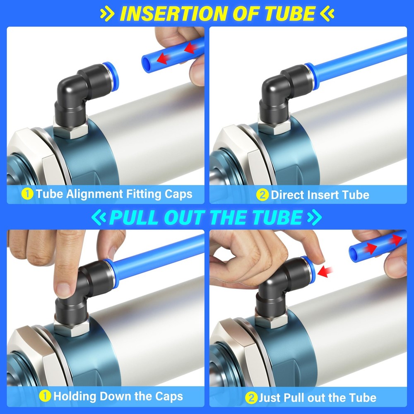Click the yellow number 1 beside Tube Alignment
point(27,194)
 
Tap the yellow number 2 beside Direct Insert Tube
point(262,195)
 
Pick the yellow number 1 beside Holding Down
point(45,396)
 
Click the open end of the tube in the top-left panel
point(146,63)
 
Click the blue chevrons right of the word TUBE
point(314,217)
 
